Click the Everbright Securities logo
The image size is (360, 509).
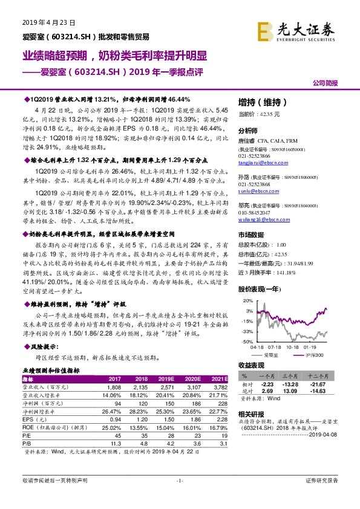coord(305,29)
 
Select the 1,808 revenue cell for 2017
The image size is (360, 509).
coord(114,386)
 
